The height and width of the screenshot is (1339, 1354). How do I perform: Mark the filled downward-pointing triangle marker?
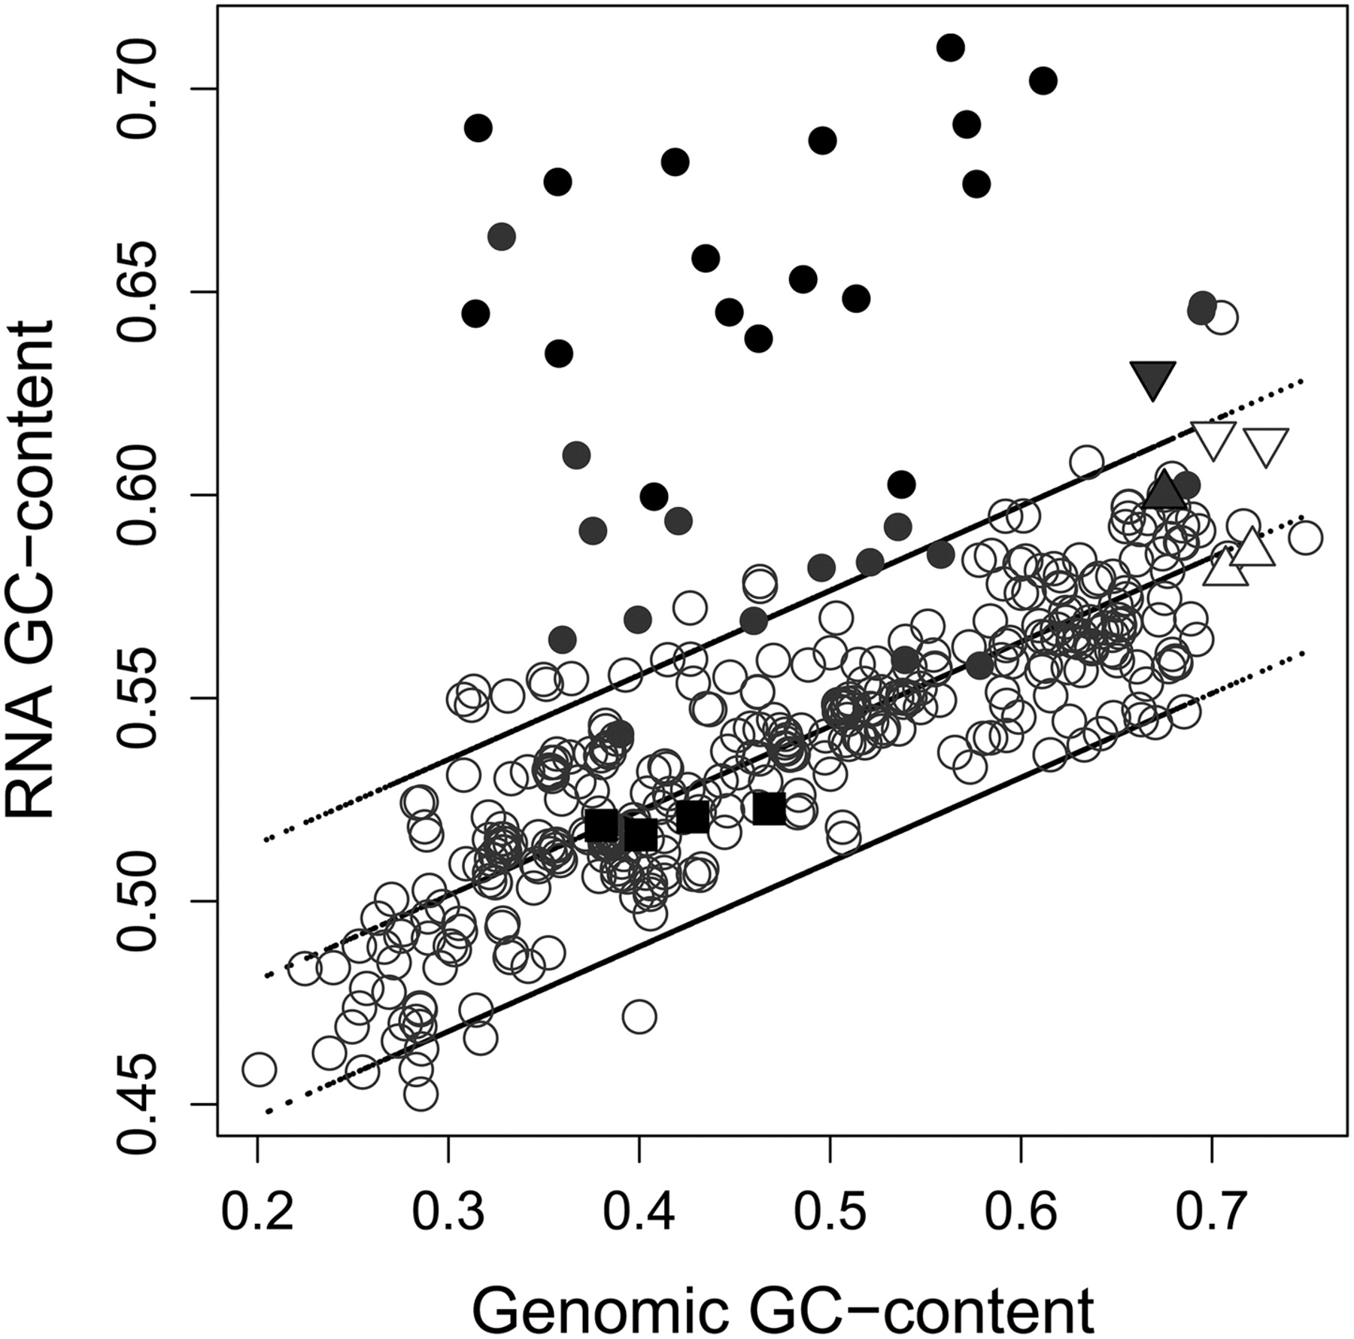(x=1152, y=380)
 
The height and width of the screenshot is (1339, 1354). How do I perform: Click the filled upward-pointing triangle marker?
(x=1164, y=489)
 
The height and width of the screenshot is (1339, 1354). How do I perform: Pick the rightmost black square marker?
(x=769, y=808)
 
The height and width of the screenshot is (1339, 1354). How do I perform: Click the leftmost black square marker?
(x=602, y=826)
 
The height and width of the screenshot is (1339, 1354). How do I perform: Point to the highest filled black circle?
(x=951, y=47)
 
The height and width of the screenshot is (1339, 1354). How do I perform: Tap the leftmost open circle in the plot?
(x=259, y=1069)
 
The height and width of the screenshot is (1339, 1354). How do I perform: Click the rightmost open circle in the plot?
(x=1305, y=539)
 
